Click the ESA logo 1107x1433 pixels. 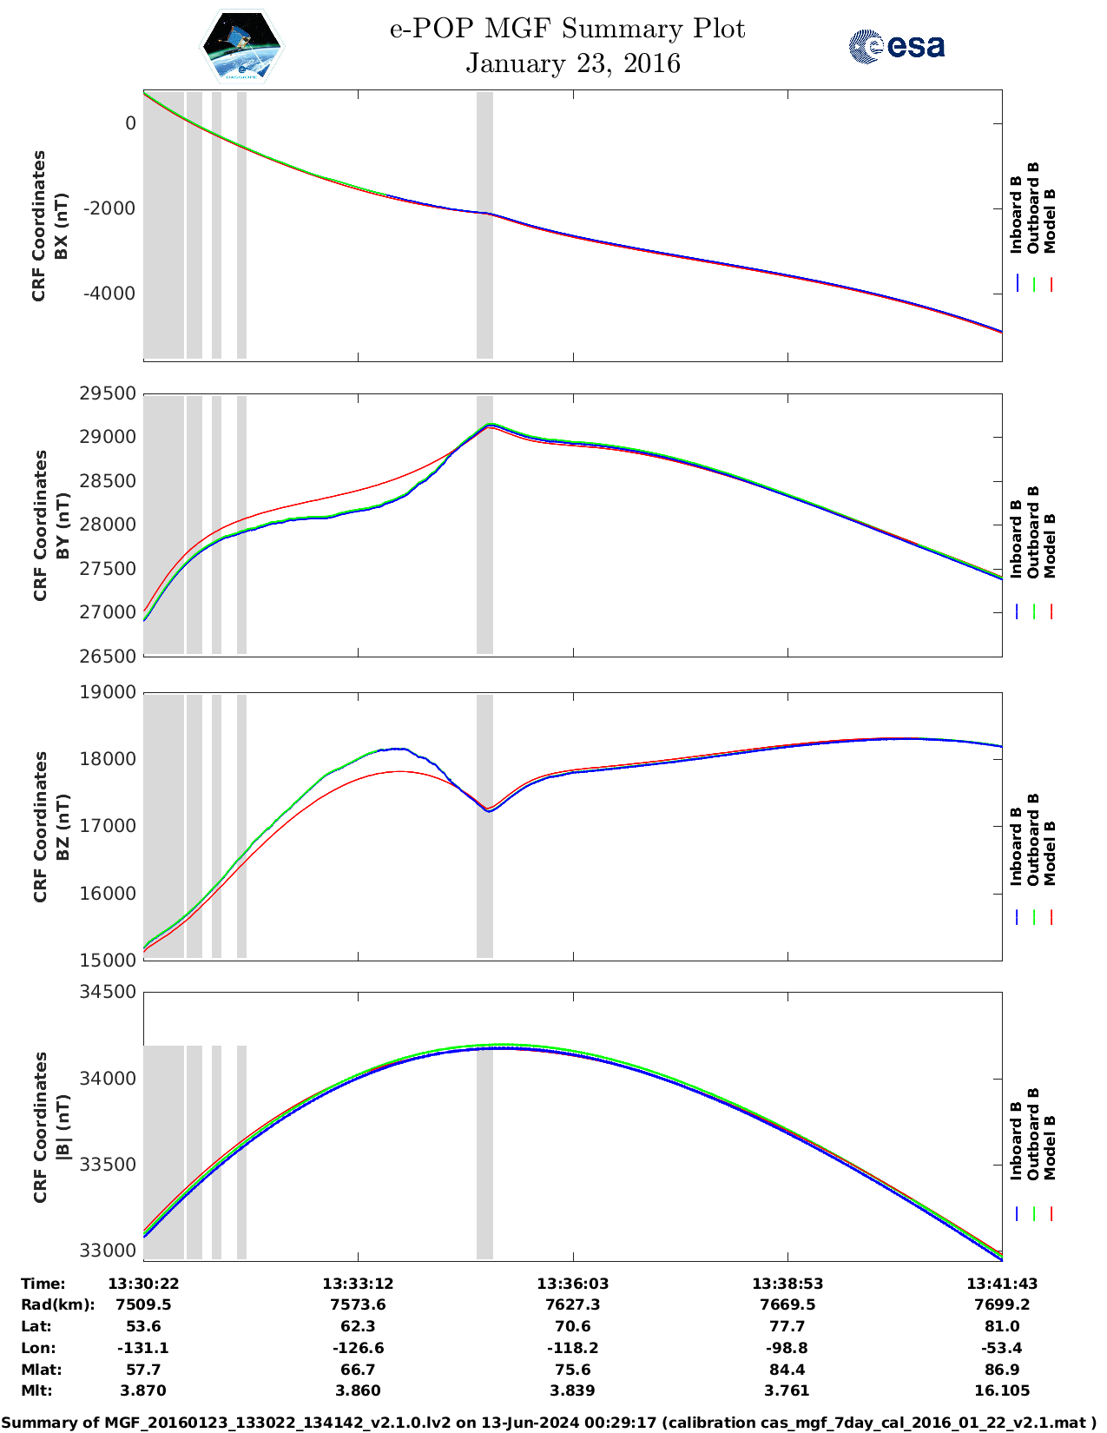pos(896,46)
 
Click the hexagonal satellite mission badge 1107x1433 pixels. pos(241,46)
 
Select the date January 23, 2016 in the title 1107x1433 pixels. pos(572,63)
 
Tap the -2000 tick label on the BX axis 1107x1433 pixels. pos(109,208)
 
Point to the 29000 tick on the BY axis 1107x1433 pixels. pos(108,437)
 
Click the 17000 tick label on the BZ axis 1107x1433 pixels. pos(108,826)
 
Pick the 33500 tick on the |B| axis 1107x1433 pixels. pos(108,1164)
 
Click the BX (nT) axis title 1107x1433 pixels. pos(61,226)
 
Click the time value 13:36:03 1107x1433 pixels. pos(572,1284)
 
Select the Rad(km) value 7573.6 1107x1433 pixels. pos(358,1304)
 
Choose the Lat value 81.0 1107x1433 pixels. pos(1002,1326)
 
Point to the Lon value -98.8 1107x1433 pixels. pos(787,1348)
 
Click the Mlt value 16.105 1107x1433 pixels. pos(1002,1390)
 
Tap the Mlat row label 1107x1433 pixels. pos(41,1370)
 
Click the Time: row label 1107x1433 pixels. pos(43,1284)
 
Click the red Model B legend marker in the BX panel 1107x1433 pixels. pos(1051,284)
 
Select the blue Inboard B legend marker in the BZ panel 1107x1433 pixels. pos(1017,917)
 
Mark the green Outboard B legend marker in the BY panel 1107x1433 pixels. pos(1034,611)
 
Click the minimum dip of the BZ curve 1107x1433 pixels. pos(489,810)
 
